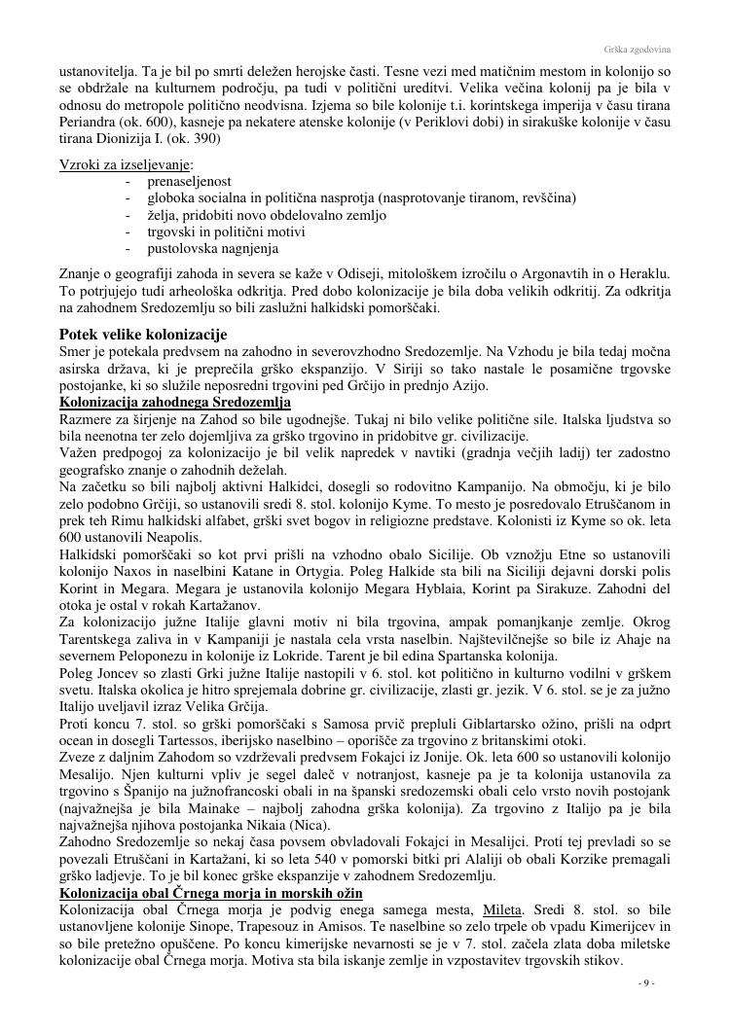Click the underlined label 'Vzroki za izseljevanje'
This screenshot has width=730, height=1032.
point(126,164)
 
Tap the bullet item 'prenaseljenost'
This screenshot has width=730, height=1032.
point(189,181)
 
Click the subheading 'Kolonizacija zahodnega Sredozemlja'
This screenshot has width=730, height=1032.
point(175,402)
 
